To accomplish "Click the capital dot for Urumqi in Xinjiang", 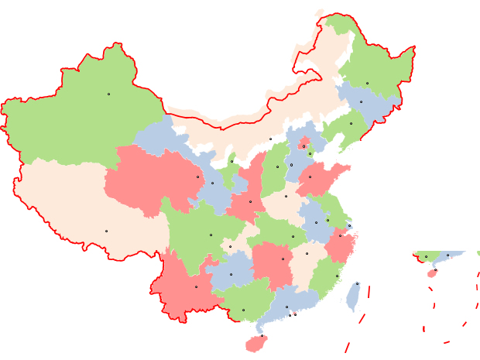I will (108, 94).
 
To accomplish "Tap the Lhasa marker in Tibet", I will (106, 231).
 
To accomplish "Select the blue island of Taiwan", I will (354, 296).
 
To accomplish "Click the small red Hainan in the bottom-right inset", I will (432, 273).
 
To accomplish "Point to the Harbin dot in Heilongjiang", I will (367, 83).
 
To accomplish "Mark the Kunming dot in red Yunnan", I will (196, 286).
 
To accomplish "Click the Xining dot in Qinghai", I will (197, 177).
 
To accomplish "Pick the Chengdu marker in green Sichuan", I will (210, 235).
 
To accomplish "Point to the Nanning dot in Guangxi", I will (243, 310).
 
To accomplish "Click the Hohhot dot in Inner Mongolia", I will (270, 139).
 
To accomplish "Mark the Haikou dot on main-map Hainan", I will (262, 335).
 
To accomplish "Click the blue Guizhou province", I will (231, 275).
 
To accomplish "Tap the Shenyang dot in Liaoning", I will (351, 123).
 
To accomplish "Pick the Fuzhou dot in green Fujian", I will (337, 276).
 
